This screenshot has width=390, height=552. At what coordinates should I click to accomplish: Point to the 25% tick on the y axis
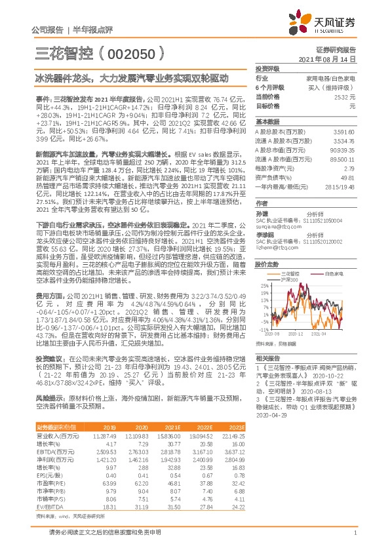coord(262,267)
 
